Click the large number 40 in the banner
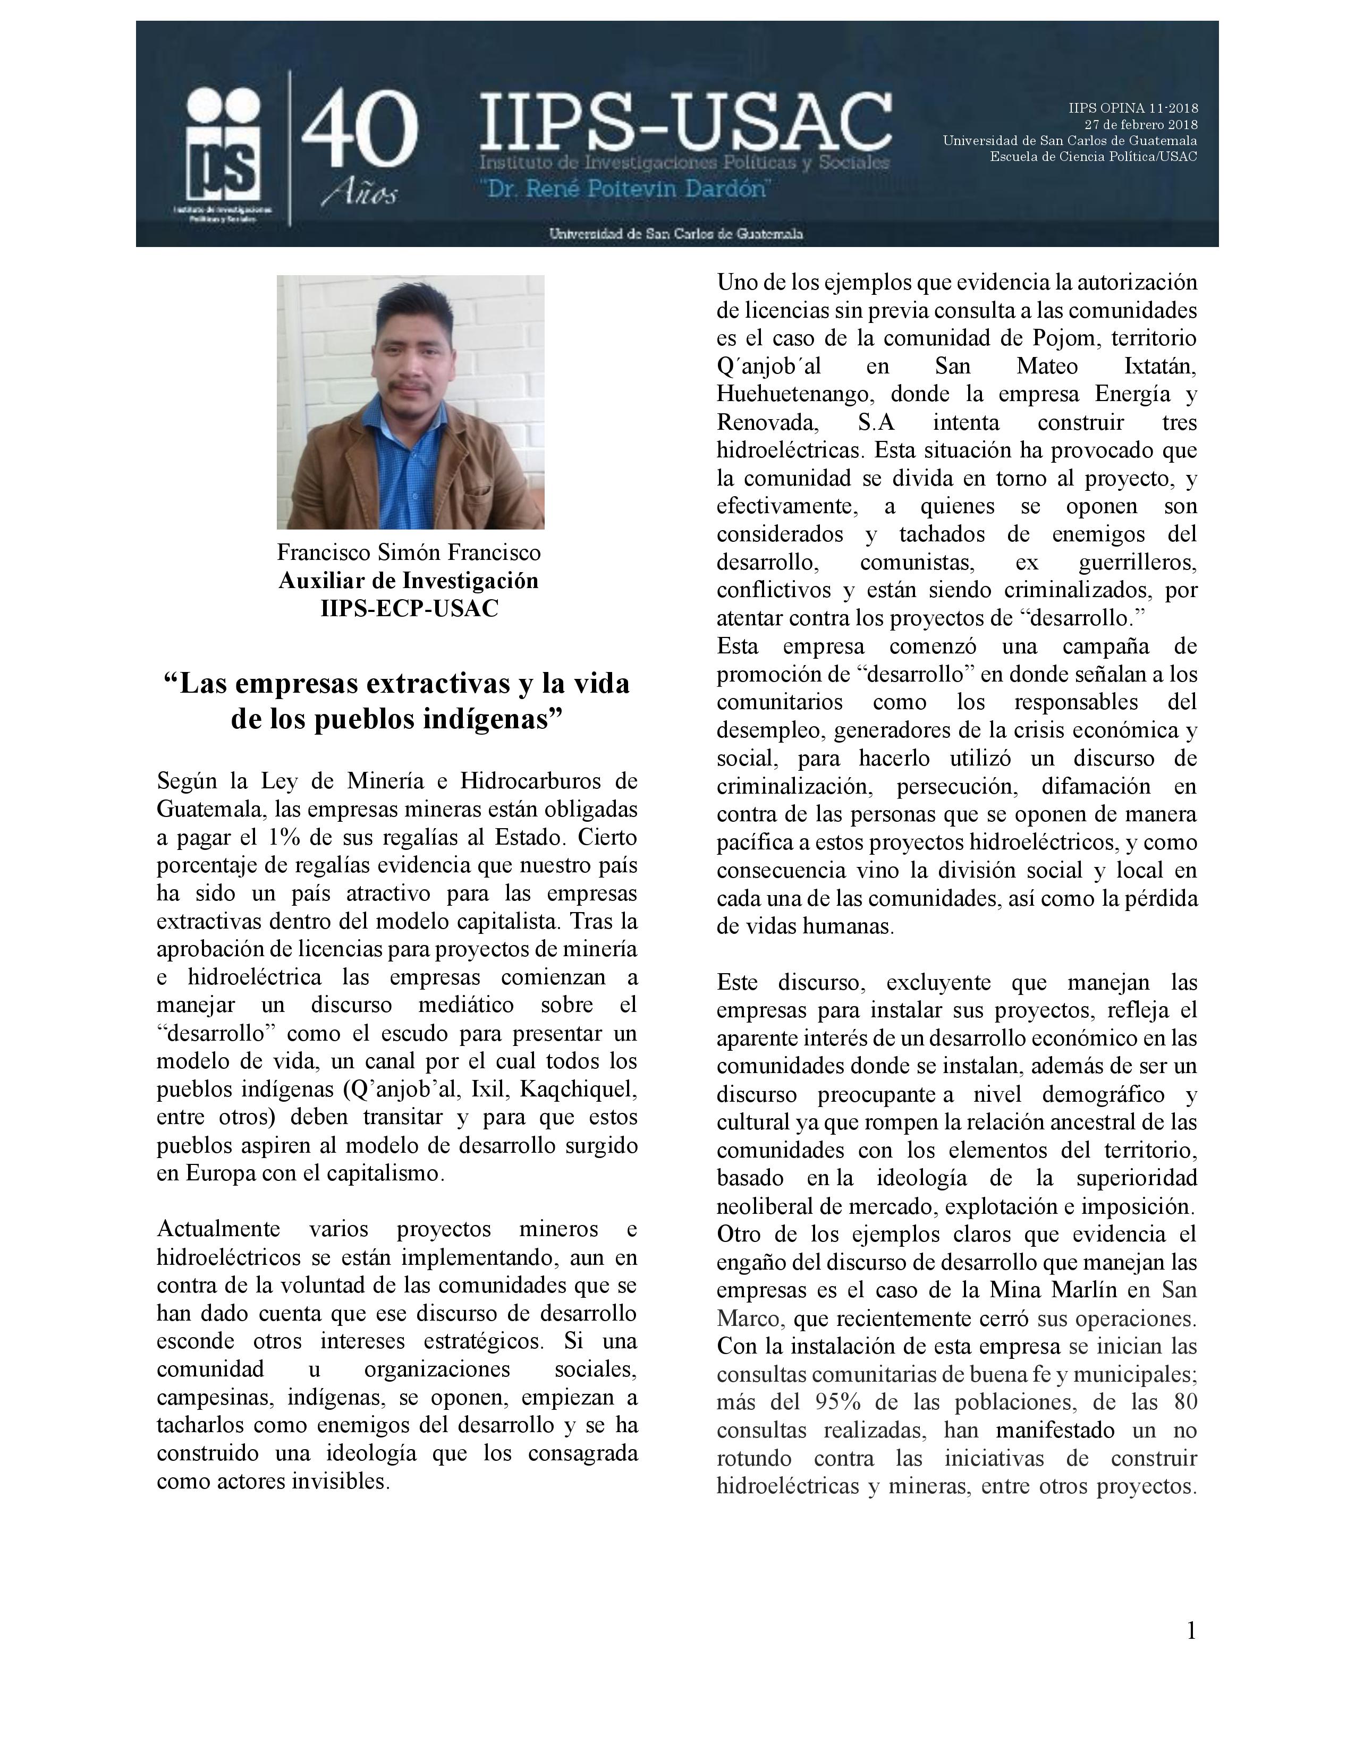(x=359, y=129)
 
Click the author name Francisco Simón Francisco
(x=409, y=552)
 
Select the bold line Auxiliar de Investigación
(x=409, y=580)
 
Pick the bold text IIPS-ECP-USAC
(x=409, y=608)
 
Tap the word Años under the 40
(x=359, y=195)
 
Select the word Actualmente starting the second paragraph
(x=218, y=1229)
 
